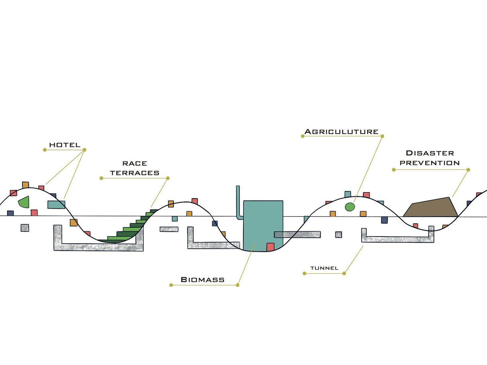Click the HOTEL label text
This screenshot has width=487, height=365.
(x=65, y=145)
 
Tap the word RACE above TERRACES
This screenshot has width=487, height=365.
(x=135, y=164)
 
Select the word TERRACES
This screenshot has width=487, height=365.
(x=135, y=173)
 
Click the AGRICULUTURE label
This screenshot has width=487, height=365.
(x=341, y=132)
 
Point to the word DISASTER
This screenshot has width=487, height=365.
(x=430, y=153)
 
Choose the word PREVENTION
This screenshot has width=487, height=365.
(x=430, y=163)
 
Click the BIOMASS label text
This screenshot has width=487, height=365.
(x=202, y=280)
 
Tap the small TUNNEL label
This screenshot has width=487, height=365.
(x=325, y=268)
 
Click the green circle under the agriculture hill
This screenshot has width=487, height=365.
(x=350, y=207)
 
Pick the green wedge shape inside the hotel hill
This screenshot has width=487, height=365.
(x=24, y=202)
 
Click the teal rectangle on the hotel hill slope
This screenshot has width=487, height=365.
(x=56, y=205)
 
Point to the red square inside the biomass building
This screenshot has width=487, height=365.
(x=271, y=247)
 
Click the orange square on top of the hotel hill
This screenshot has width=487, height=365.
(x=26, y=185)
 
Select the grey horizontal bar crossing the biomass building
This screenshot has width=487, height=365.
(x=297, y=235)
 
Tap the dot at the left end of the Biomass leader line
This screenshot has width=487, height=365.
(x=171, y=285)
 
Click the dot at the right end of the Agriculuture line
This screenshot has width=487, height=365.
(x=382, y=136)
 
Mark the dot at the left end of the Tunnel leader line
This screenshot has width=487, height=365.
(x=305, y=274)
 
